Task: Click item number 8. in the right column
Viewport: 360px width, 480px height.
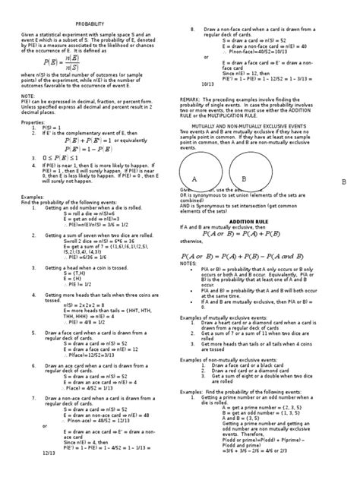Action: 193,28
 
